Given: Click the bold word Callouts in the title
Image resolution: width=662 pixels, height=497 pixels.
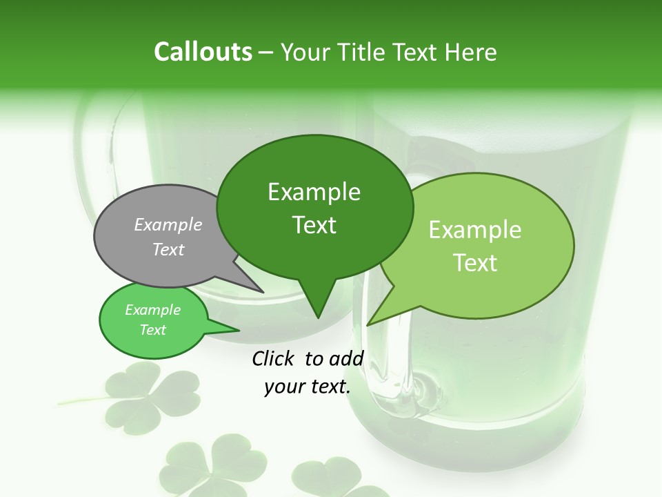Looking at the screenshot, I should point(203,52).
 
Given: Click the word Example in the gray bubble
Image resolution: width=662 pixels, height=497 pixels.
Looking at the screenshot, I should point(168,224).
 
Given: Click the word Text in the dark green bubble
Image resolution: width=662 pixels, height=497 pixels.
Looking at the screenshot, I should point(314,224).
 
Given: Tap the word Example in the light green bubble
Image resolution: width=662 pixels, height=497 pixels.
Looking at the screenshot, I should point(475,230).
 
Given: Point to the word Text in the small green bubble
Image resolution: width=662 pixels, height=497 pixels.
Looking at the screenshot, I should point(152,330).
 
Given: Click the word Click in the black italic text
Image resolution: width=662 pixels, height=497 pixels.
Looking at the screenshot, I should point(274,358).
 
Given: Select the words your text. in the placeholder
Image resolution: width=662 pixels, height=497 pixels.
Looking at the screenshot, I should point(308,387).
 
